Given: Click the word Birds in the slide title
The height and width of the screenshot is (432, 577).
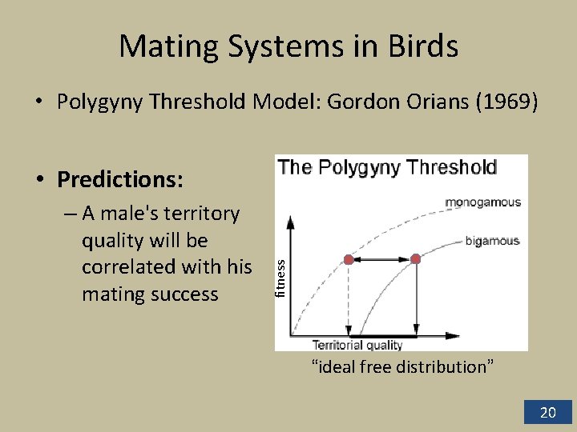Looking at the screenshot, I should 422,46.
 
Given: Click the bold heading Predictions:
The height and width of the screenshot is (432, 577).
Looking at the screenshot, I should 120,179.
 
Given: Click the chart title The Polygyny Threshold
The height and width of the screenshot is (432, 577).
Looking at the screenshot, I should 387,167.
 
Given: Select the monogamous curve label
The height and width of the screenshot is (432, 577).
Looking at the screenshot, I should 482,202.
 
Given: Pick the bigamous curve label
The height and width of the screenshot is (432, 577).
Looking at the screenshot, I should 492,240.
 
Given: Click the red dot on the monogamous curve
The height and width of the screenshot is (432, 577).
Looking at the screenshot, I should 349,259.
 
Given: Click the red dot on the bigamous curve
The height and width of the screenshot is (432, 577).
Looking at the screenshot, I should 415,259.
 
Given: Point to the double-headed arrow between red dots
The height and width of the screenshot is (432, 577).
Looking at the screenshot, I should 381,259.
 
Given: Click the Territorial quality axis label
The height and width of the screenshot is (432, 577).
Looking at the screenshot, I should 357,345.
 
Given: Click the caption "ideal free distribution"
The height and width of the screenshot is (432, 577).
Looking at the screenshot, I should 402,367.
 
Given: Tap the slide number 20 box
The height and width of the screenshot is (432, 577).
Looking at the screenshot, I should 547,412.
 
